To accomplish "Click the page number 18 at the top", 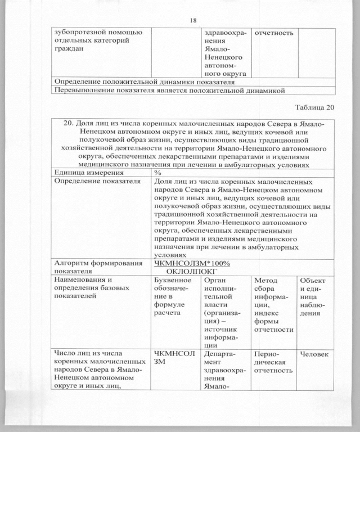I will coord(193,20).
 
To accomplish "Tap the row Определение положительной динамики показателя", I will coord(143,82).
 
